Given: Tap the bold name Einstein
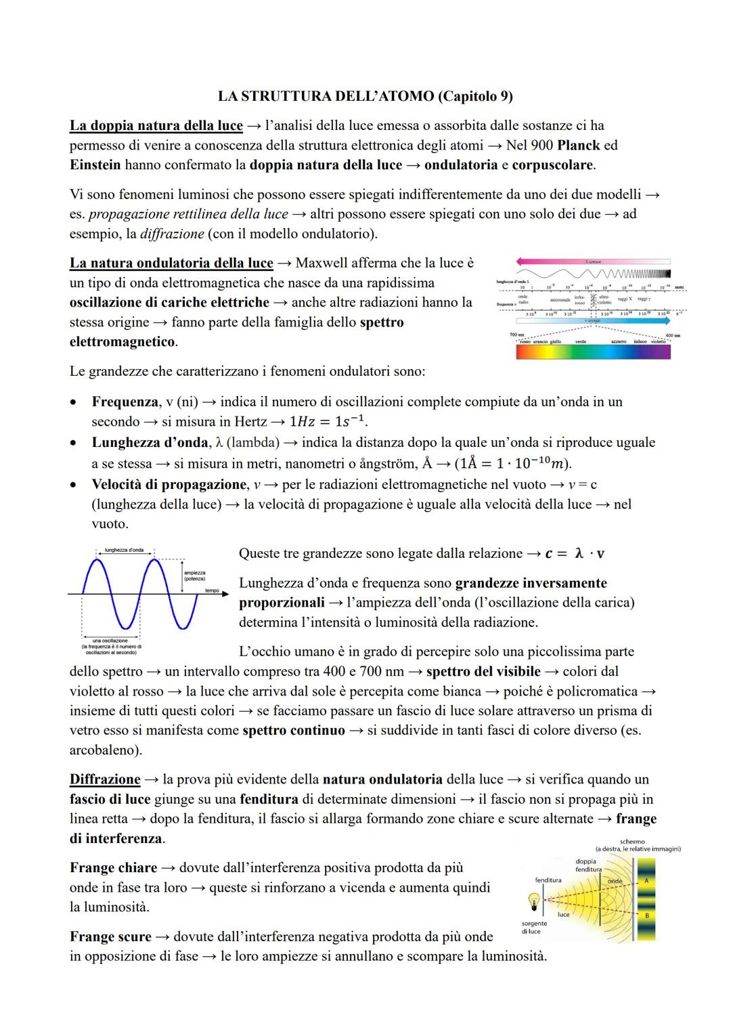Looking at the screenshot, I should point(95,165).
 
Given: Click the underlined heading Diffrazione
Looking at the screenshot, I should point(105,779).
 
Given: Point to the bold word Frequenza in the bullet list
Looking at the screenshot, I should point(125,402).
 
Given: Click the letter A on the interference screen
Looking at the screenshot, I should point(646,880).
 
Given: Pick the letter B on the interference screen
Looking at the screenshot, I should point(646,915).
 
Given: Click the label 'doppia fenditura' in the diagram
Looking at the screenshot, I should point(586,865).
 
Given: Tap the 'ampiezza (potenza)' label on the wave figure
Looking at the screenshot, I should point(194,576).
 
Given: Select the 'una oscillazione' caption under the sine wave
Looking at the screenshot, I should point(110,641).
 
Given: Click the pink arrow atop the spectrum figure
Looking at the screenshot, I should point(592,261).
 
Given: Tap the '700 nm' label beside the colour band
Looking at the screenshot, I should point(517,335).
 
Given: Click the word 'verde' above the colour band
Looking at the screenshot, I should point(580,342).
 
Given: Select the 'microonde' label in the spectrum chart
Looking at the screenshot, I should point(559,299).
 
